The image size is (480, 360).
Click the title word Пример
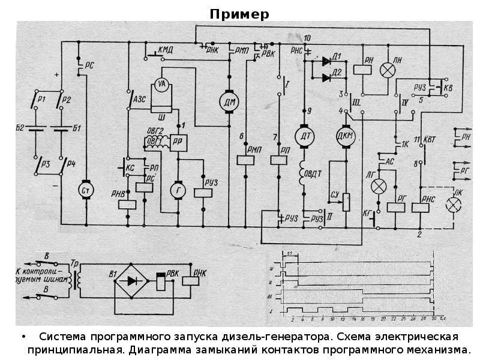point(239,14)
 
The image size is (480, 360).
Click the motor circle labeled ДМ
point(229,102)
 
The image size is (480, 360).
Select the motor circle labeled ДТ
point(305,136)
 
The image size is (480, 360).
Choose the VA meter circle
point(161,85)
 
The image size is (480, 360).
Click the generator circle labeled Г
point(178,190)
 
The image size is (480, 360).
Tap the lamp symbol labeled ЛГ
point(379,186)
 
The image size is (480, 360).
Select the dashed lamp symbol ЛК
point(454,205)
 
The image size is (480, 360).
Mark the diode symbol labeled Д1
point(326,61)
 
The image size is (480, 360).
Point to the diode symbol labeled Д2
point(326,77)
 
